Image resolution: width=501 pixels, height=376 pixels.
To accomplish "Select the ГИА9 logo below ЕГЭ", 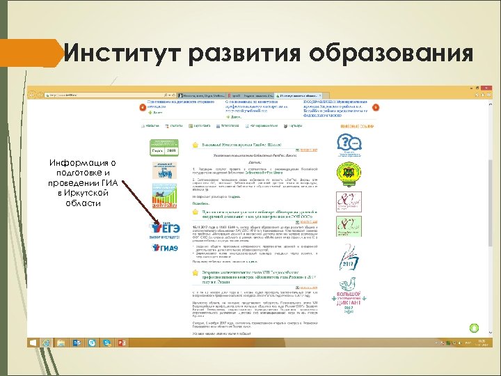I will click(164, 248).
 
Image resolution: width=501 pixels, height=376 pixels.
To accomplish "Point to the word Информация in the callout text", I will click(82, 163).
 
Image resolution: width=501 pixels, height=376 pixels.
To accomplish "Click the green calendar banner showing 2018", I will click(165, 148).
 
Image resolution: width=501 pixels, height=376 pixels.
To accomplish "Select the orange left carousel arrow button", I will click(143, 108).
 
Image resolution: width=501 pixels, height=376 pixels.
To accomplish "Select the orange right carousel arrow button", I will click(376, 108).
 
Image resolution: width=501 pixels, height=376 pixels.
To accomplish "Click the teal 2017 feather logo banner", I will click(349, 258).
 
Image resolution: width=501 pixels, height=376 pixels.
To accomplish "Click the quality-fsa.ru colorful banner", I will click(165, 202).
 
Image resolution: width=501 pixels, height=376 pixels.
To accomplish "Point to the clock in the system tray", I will click(479, 343).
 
